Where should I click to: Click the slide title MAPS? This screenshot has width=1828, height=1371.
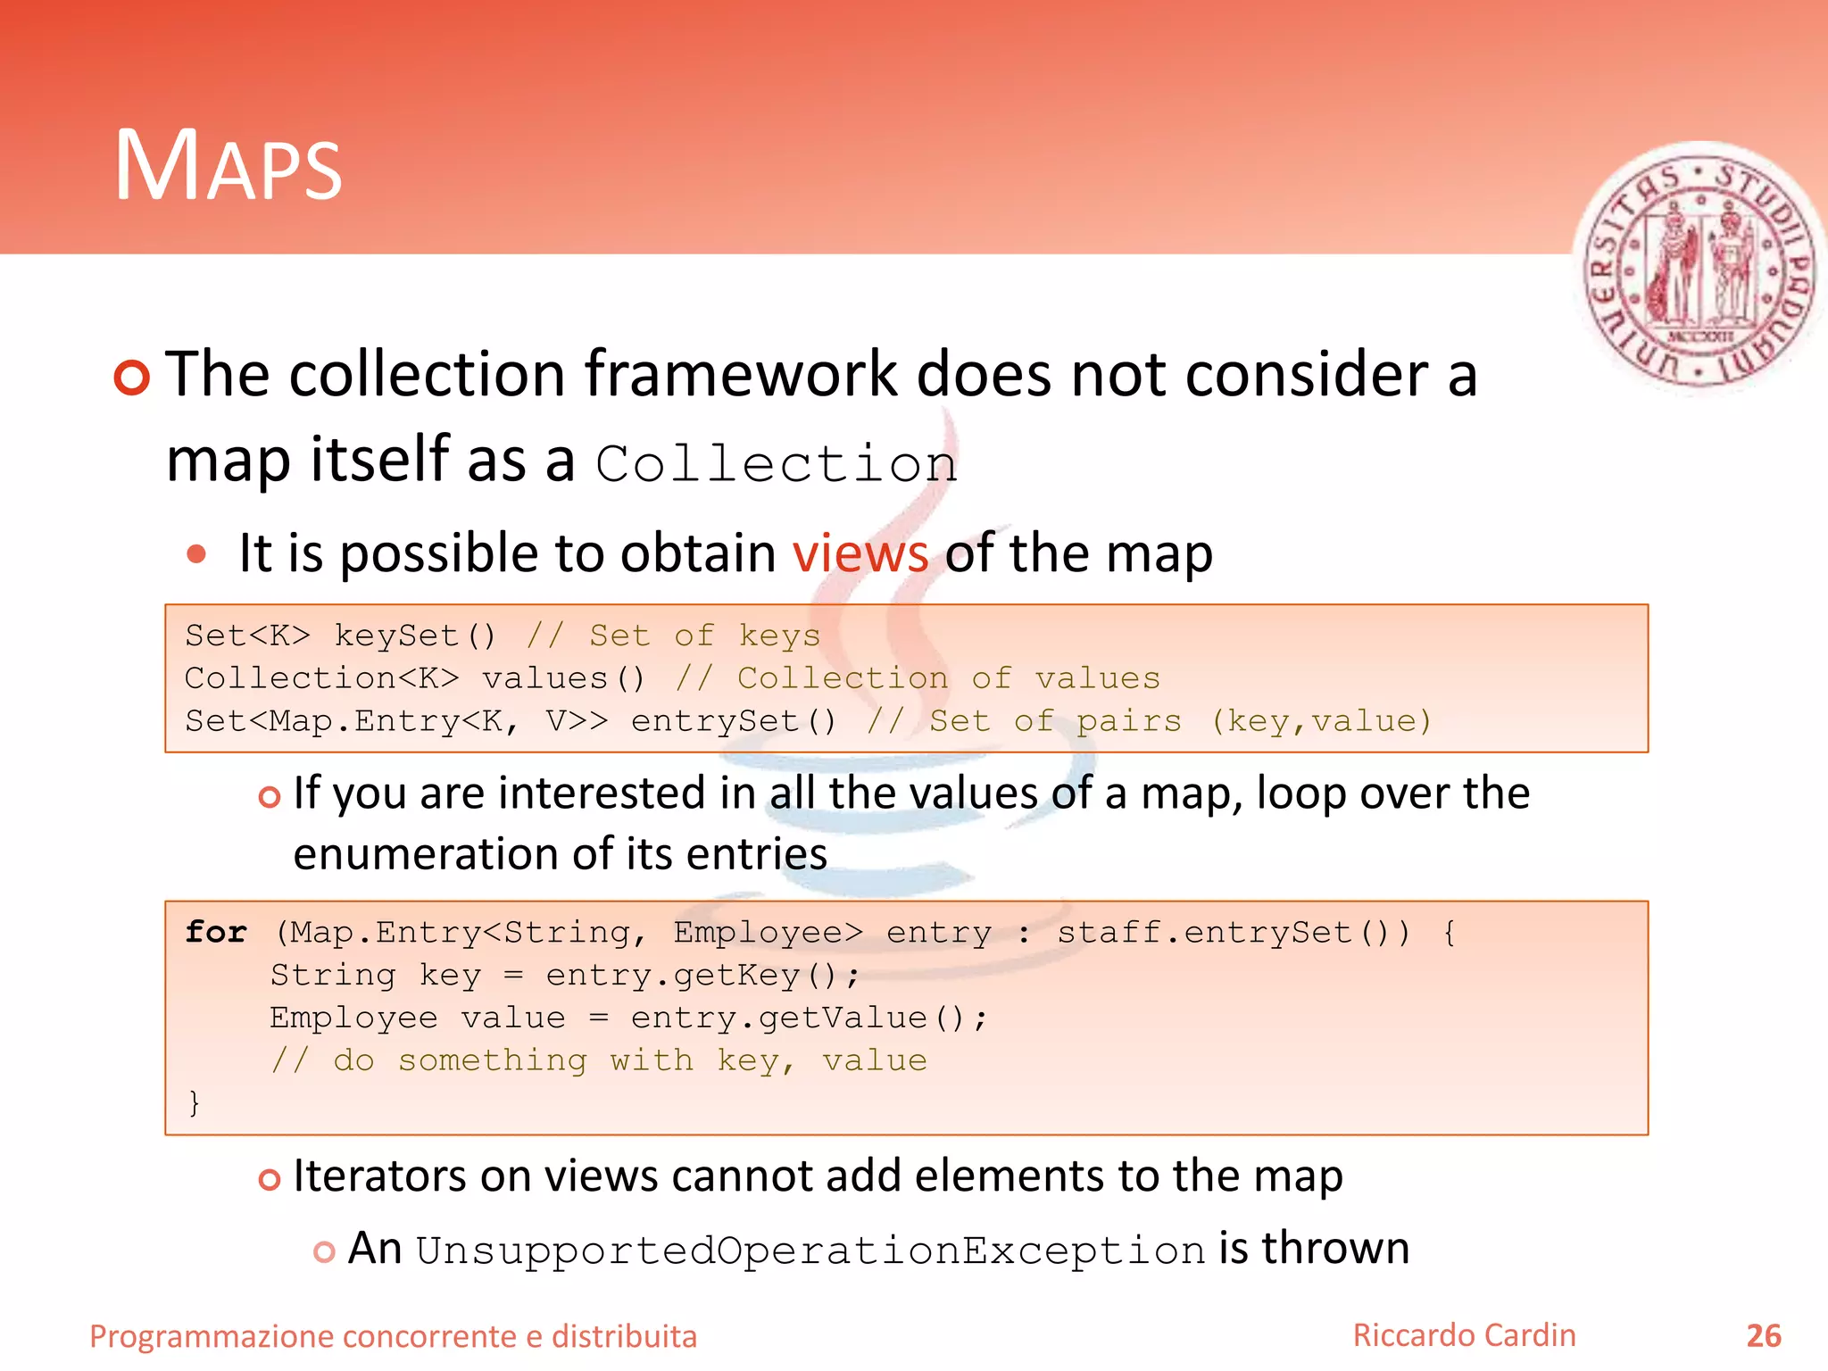click(228, 166)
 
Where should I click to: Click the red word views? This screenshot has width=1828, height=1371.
click(860, 553)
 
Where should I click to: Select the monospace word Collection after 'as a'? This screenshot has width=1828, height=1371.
click(777, 464)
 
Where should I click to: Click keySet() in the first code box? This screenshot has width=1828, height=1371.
click(415, 636)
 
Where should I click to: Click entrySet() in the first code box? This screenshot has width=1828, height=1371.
click(734, 721)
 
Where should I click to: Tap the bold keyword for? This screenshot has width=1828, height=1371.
click(216, 932)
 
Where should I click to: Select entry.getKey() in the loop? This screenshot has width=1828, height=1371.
click(702, 975)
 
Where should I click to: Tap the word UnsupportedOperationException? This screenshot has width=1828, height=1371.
click(810, 1250)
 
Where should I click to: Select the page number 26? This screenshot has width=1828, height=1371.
click(1763, 1336)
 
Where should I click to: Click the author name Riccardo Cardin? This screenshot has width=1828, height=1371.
click(1464, 1335)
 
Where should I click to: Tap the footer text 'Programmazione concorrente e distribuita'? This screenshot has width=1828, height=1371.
click(393, 1336)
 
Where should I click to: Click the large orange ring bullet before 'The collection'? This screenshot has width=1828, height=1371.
click(132, 378)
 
